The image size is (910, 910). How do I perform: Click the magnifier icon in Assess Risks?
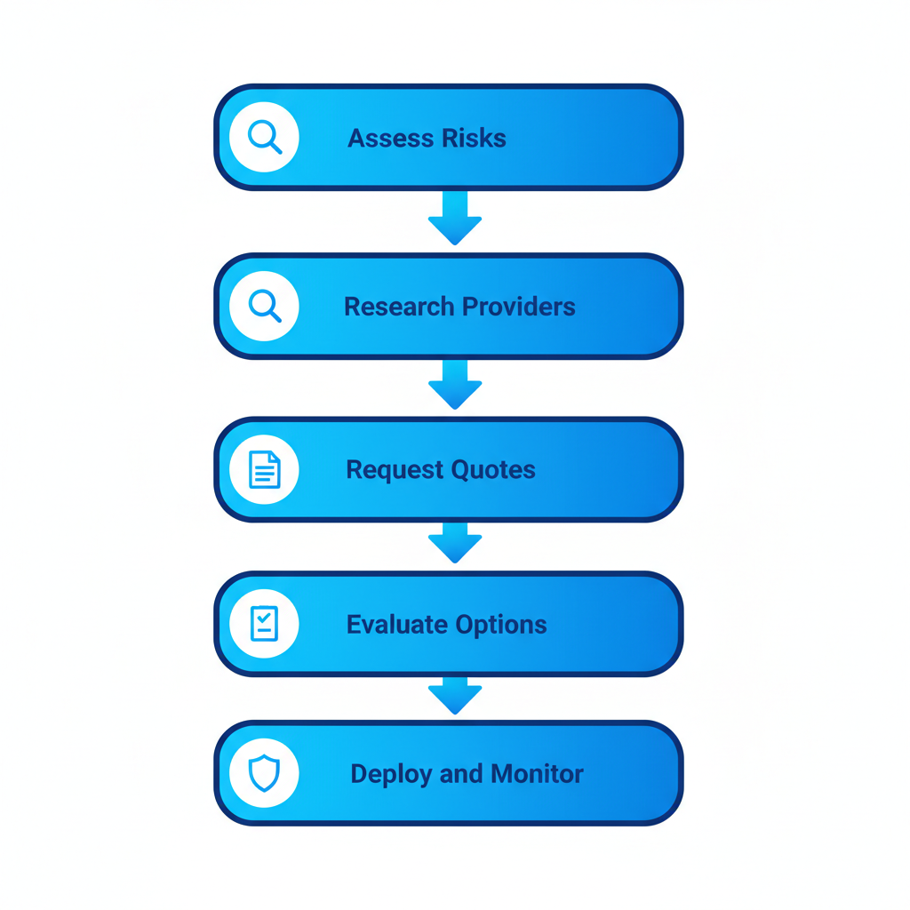click(x=264, y=138)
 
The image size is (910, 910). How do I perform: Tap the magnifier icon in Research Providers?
click(x=264, y=307)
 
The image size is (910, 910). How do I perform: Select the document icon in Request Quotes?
click(x=264, y=469)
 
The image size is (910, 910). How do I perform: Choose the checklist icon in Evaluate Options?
click(x=264, y=624)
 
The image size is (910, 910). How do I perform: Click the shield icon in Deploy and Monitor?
click(x=264, y=773)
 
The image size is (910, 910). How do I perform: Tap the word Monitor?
click(x=537, y=774)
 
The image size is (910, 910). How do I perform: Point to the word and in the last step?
click(x=461, y=774)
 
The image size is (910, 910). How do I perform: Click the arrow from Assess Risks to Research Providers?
click(x=455, y=219)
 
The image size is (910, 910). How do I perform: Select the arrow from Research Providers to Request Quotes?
click(x=455, y=385)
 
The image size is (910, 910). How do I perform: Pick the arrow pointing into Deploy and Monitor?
click(x=455, y=696)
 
